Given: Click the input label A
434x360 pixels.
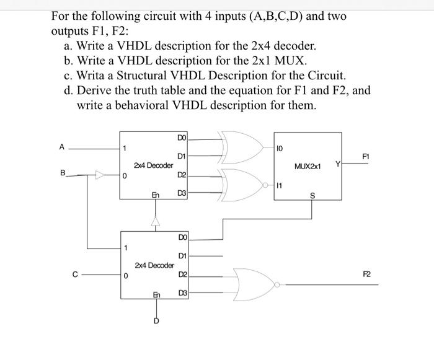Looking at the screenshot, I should [x=61, y=147].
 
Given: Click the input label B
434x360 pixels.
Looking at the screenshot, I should [x=61, y=175].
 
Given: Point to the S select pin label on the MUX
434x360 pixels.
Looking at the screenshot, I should [x=311, y=196].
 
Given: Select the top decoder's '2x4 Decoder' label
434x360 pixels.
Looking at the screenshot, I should [x=153, y=165].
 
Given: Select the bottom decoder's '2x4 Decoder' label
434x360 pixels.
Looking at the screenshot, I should [x=154, y=265].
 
